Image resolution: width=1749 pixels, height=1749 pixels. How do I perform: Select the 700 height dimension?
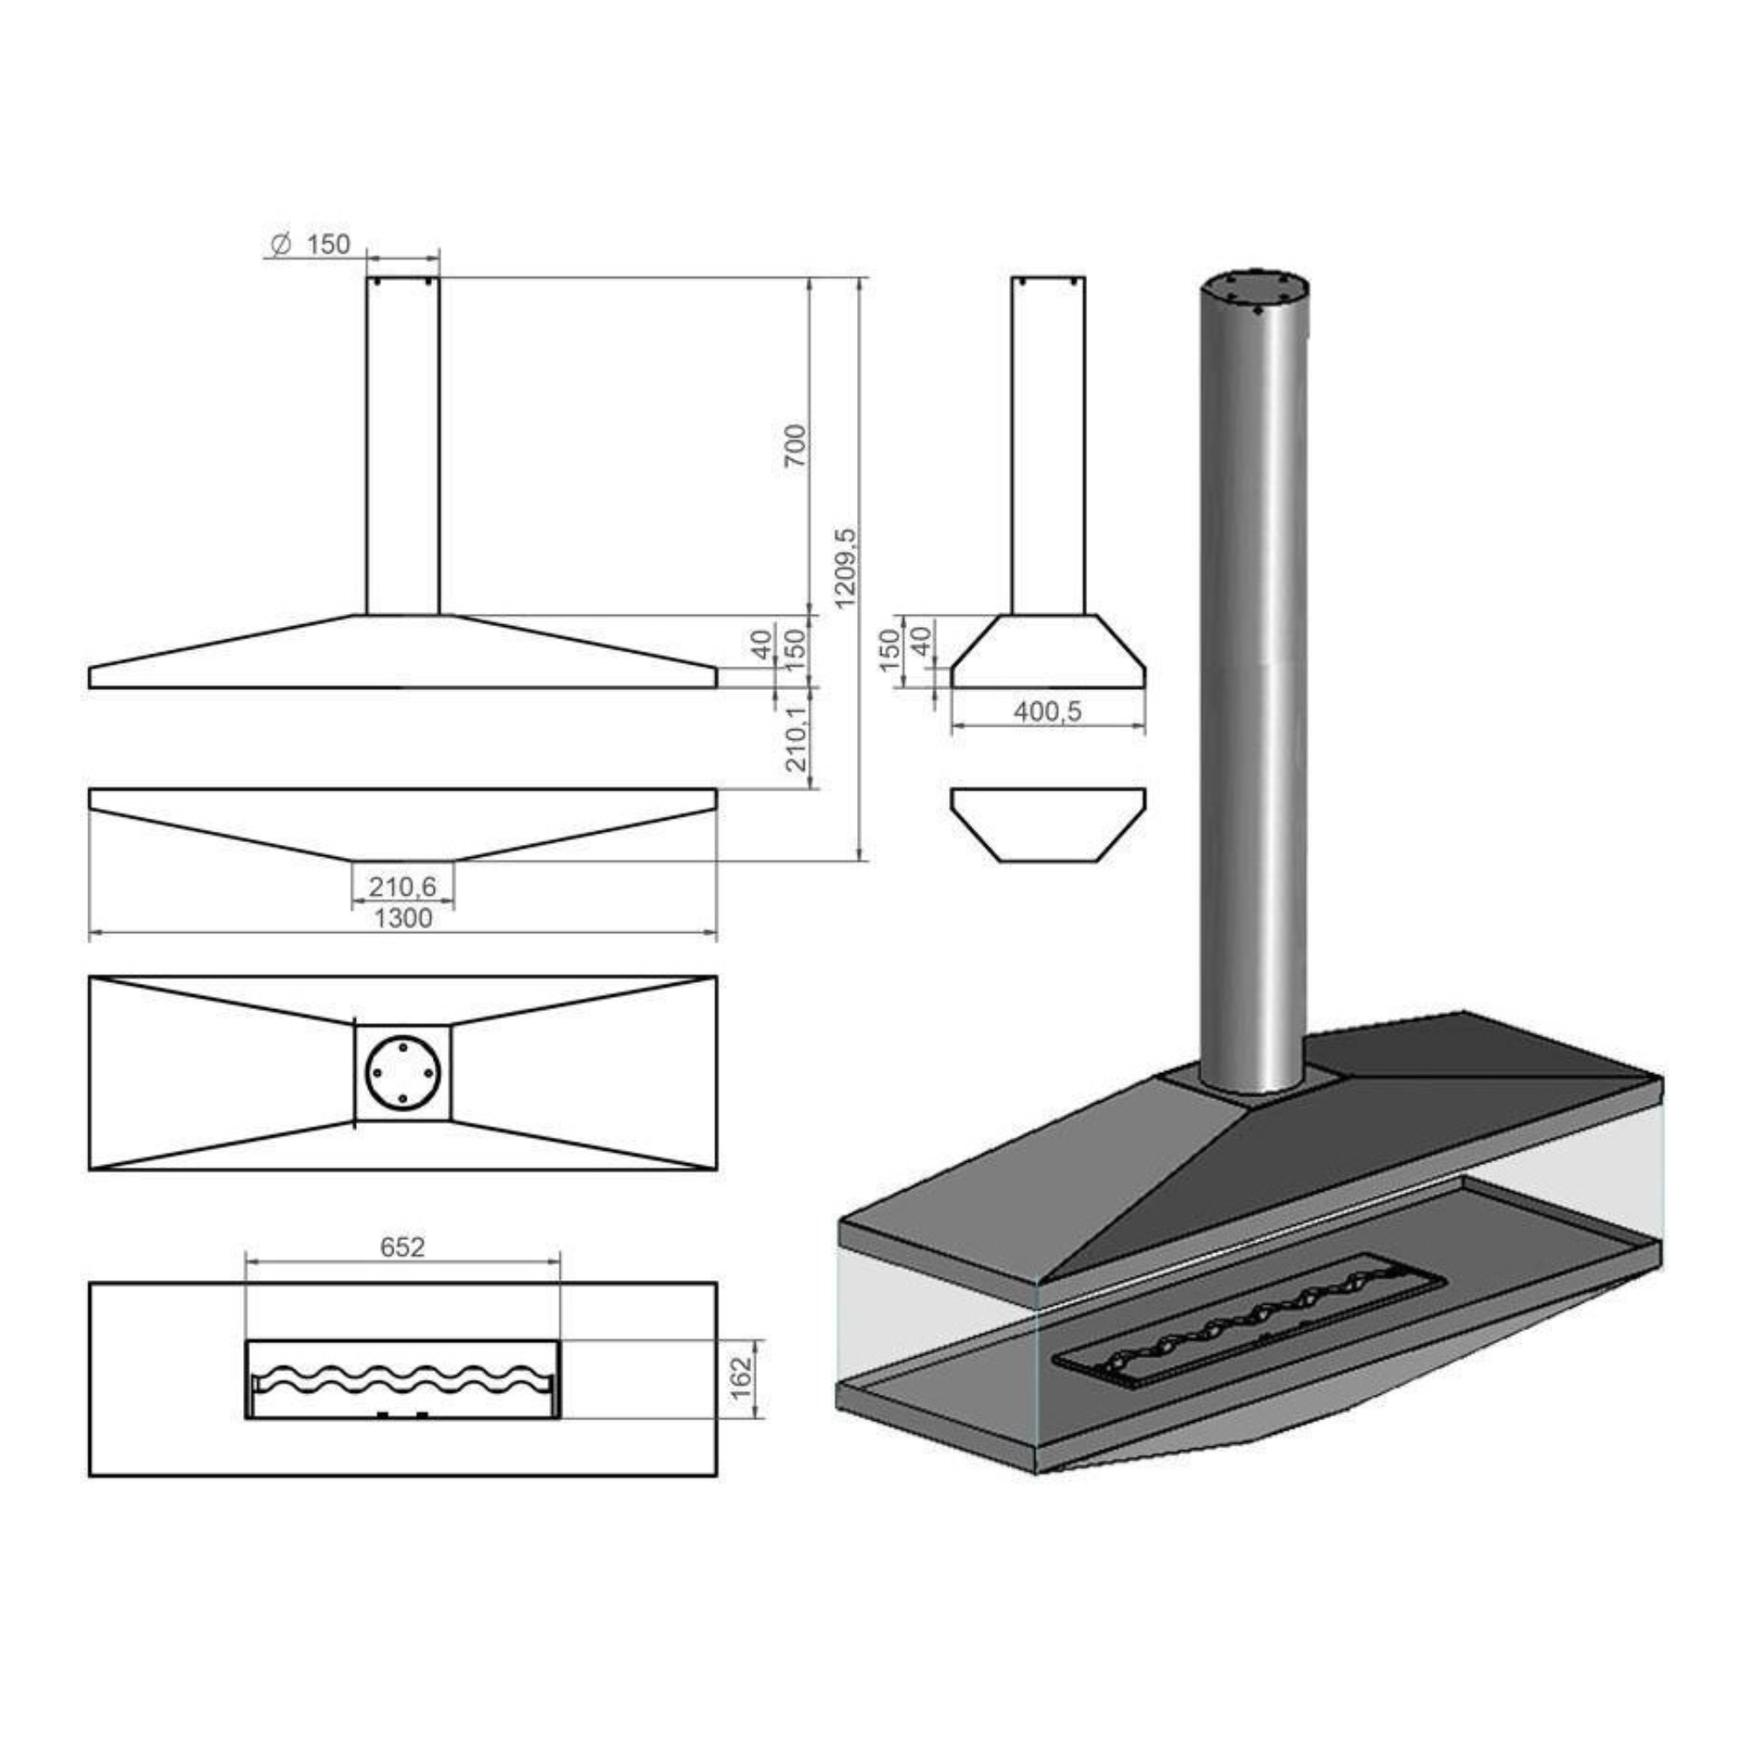(x=795, y=445)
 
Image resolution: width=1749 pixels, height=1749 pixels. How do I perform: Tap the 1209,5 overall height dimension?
(x=846, y=568)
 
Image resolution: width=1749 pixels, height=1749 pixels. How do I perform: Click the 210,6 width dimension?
(x=402, y=886)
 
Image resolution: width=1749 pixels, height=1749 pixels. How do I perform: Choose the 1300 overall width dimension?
(x=403, y=919)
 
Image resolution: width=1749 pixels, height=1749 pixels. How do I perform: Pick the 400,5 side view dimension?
(x=1048, y=712)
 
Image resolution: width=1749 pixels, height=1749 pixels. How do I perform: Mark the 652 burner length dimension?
(x=402, y=1248)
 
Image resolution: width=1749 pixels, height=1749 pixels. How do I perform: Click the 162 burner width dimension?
(x=742, y=1378)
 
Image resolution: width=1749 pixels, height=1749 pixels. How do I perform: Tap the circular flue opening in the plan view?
(x=402, y=1073)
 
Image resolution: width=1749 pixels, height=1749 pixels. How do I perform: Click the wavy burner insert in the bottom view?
(x=403, y=1379)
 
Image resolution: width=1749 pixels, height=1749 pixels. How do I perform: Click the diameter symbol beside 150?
(x=281, y=245)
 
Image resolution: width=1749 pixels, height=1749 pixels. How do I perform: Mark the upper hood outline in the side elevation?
(x=1049, y=652)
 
